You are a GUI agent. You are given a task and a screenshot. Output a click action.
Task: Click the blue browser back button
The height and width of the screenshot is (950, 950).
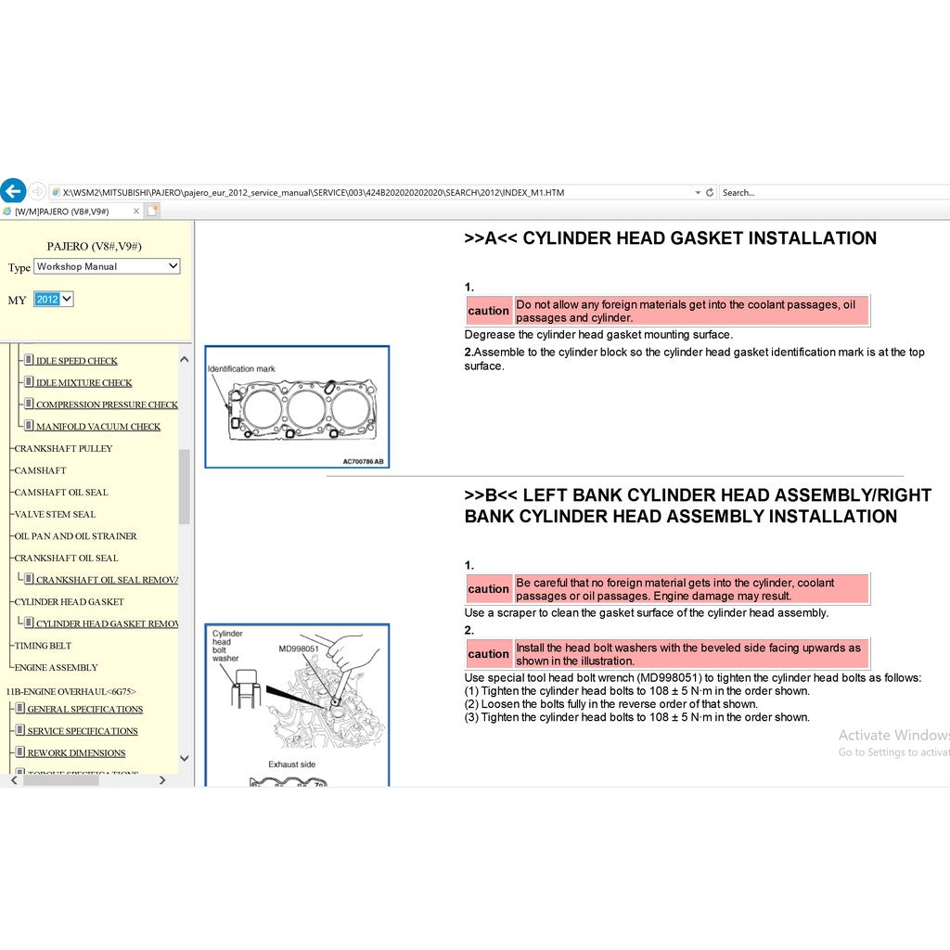coord(12,192)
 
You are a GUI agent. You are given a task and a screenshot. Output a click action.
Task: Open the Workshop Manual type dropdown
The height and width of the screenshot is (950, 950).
coord(107,266)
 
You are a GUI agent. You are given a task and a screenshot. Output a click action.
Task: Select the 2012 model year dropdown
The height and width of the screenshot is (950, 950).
coord(53,299)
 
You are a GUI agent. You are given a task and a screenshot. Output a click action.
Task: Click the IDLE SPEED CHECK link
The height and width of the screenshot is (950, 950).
coord(76,361)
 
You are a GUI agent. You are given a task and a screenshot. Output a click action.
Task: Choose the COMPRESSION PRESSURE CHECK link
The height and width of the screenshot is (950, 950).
coord(106,404)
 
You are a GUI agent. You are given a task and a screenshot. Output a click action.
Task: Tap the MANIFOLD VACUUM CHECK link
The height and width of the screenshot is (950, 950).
coord(97,427)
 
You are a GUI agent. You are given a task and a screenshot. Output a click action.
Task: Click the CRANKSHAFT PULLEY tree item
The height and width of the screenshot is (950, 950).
coord(63,448)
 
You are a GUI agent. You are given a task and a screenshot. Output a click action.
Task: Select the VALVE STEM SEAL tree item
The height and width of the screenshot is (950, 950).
coord(55,514)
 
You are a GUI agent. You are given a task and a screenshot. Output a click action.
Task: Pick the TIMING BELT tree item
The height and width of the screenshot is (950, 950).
coord(43,646)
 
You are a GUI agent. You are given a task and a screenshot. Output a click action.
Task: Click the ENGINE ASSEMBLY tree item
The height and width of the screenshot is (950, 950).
coord(56,667)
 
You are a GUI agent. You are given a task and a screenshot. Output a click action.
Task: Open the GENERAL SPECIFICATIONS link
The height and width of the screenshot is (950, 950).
coord(84,709)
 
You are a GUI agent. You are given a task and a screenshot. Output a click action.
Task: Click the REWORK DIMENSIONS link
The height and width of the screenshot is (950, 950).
coord(76,753)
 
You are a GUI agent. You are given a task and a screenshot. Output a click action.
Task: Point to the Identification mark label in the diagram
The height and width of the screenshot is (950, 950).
coord(241,369)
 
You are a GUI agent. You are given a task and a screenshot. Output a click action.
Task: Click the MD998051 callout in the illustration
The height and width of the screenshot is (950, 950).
coord(299,648)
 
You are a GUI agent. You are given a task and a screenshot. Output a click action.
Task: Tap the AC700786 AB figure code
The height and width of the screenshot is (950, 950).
coord(362,461)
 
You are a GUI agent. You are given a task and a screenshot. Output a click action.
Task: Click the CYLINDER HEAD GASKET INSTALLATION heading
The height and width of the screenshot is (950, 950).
coord(670,238)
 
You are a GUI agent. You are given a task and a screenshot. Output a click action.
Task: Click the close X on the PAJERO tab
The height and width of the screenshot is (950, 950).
coord(136,212)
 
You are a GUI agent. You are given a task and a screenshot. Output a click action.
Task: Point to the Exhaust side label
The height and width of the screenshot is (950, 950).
coord(291,764)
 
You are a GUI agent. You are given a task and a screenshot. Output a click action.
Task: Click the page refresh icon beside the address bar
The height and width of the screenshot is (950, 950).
coord(710,193)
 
